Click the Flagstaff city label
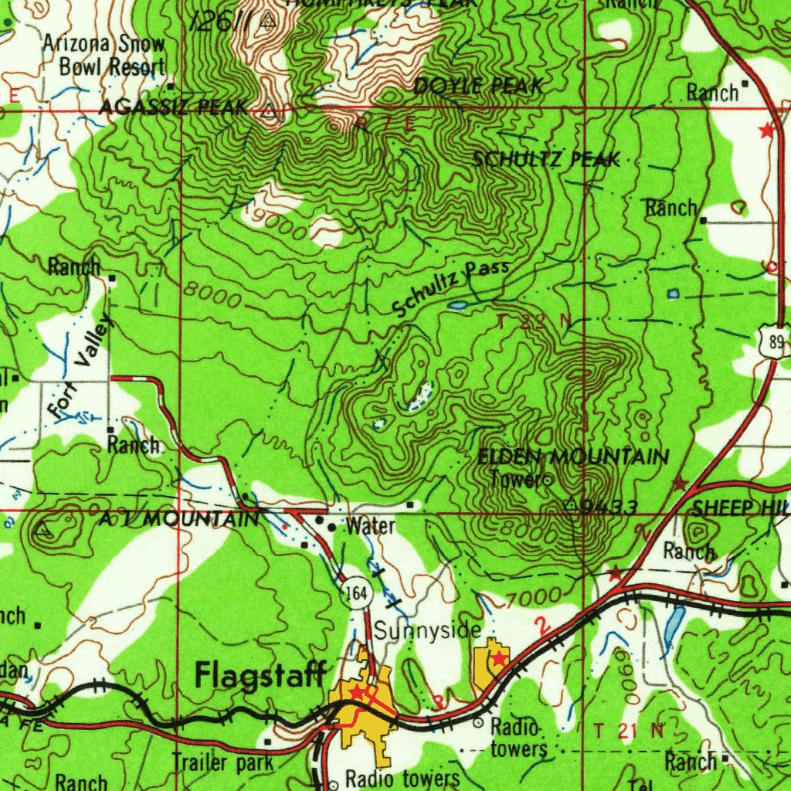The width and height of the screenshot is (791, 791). pyautogui.click(x=260, y=674)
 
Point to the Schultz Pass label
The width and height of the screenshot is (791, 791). pyautogui.click(x=450, y=288)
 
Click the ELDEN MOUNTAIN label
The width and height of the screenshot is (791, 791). pyautogui.click(x=573, y=457)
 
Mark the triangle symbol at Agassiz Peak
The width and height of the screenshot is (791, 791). pyautogui.click(x=268, y=111)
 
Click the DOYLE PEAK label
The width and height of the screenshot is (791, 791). pyautogui.click(x=478, y=87)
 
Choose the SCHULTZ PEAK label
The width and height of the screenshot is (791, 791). pyautogui.click(x=546, y=159)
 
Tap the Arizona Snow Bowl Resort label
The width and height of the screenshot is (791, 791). pyautogui.click(x=104, y=55)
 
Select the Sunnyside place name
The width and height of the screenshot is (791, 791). pyautogui.click(x=429, y=630)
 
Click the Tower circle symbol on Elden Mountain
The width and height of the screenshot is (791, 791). pyautogui.click(x=547, y=480)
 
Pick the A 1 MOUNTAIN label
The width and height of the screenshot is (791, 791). pyautogui.click(x=179, y=520)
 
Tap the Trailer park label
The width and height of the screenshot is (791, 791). pyautogui.click(x=222, y=763)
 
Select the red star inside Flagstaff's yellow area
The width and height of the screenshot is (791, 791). pyautogui.click(x=356, y=692)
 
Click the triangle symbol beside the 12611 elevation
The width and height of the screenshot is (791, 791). pyautogui.click(x=268, y=21)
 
